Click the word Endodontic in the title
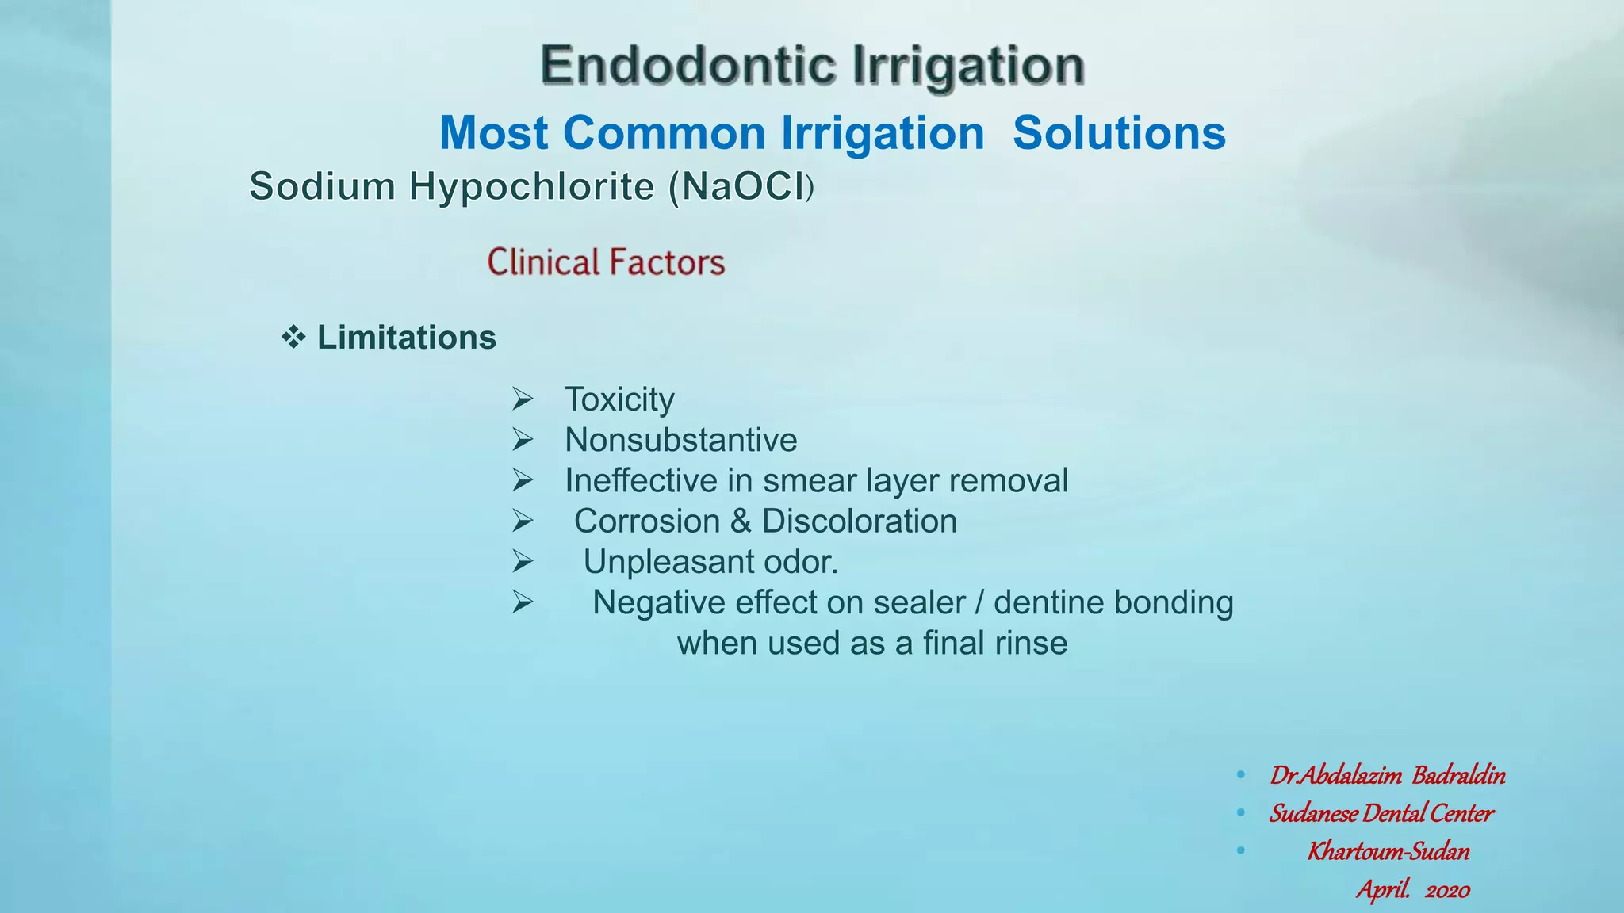coord(688,65)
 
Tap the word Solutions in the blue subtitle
coord(1119,132)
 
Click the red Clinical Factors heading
coord(606,262)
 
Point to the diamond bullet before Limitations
coord(293,338)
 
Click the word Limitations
coord(407,338)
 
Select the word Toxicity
coord(619,399)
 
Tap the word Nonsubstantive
coord(680,440)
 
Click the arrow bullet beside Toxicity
coord(523,399)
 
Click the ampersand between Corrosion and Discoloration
coord(741,521)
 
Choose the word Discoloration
coord(860,521)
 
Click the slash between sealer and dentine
coord(979,602)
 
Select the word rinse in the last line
coord(1032,643)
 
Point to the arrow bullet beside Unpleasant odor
coord(523,561)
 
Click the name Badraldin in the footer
coord(1458,775)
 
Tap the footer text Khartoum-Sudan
coord(1388,851)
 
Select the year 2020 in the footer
coord(1447,890)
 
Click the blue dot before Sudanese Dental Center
coord(1241,813)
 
